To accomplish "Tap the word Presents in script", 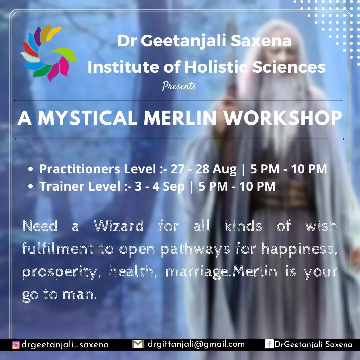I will coord(179,86).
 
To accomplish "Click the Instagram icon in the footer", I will coord(16,345).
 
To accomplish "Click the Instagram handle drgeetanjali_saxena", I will coord(65,345).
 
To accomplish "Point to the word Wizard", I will coord(119,227).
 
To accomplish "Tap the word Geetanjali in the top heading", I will coord(190,41).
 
